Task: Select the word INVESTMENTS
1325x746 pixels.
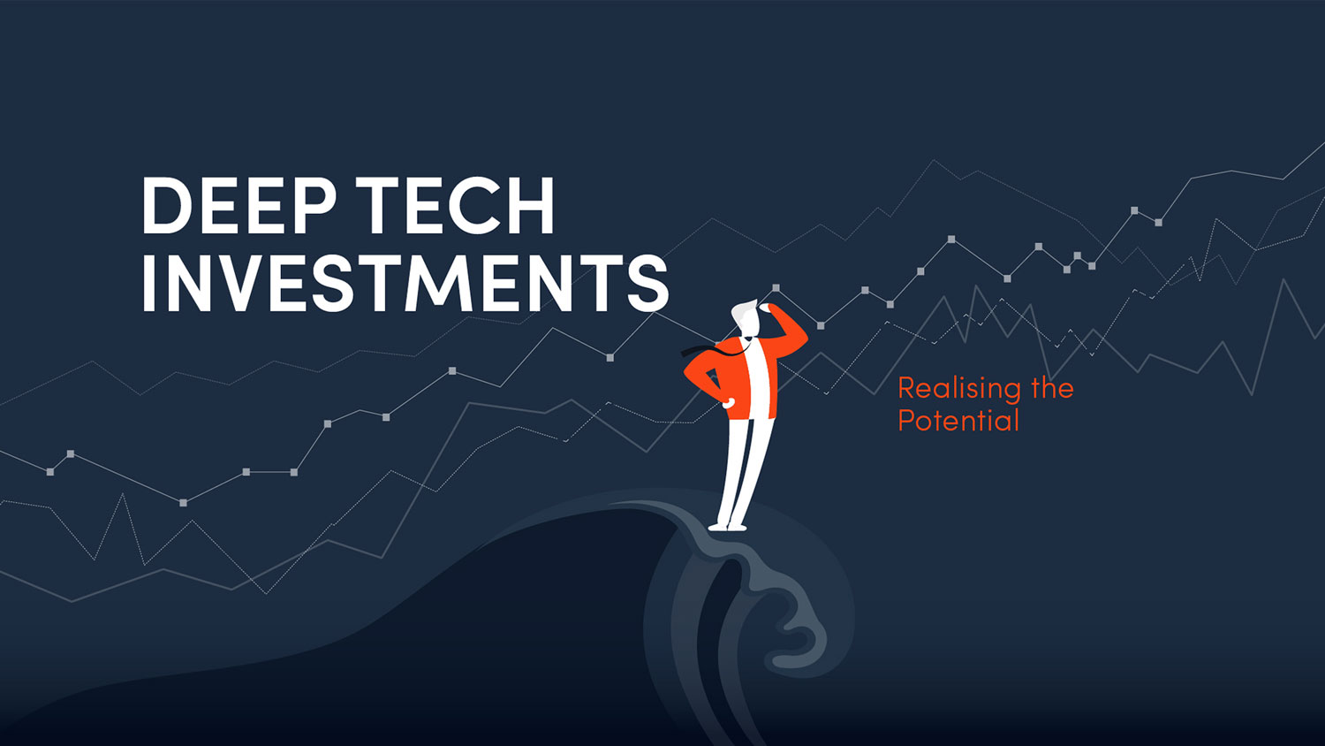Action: tap(405, 283)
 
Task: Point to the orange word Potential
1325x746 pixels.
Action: tap(958, 421)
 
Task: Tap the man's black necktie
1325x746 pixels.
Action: tap(714, 348)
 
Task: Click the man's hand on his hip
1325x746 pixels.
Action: tap(728, 403)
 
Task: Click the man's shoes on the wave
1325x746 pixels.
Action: tap(728, 526)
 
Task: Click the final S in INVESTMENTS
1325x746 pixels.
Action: tap(648, 283)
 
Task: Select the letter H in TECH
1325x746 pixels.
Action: tap(531, 205)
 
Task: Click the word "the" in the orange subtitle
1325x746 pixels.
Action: tap(1052, 388)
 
